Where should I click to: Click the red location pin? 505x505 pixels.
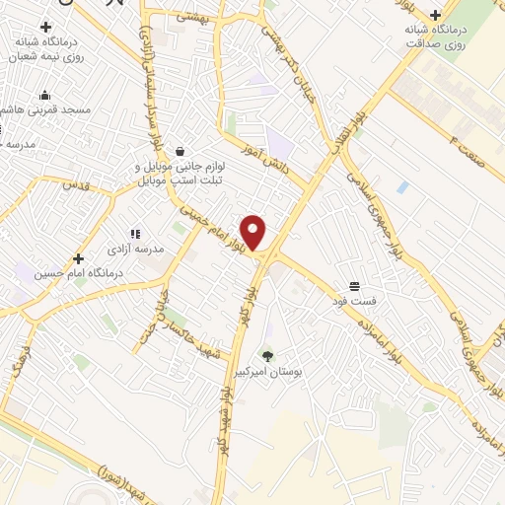[x=253, y=233]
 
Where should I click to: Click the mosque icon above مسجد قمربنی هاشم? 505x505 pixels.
[x=44, y=96]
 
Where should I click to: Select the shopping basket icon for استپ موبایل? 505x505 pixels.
[x=180, y=151]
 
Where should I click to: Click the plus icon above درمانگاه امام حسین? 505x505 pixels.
[x=78, y=258]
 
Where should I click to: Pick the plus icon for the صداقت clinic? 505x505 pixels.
[x=434, y=15]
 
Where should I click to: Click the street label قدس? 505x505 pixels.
[x=75, y=184]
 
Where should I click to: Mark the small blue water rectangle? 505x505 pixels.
[x=402, y=186]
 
